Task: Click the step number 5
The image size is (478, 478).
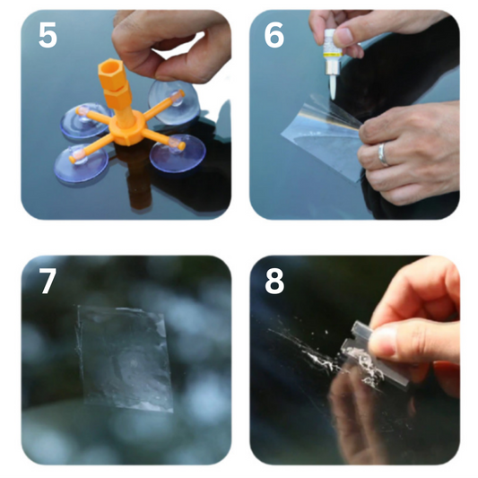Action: pos(48,35)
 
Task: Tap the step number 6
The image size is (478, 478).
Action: pos(274,35)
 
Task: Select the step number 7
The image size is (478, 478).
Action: pos(48,281)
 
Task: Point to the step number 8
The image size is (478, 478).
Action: pos(274,281)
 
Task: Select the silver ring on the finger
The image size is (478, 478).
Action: pos(383,155)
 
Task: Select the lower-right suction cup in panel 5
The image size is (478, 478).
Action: pos(178,153)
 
